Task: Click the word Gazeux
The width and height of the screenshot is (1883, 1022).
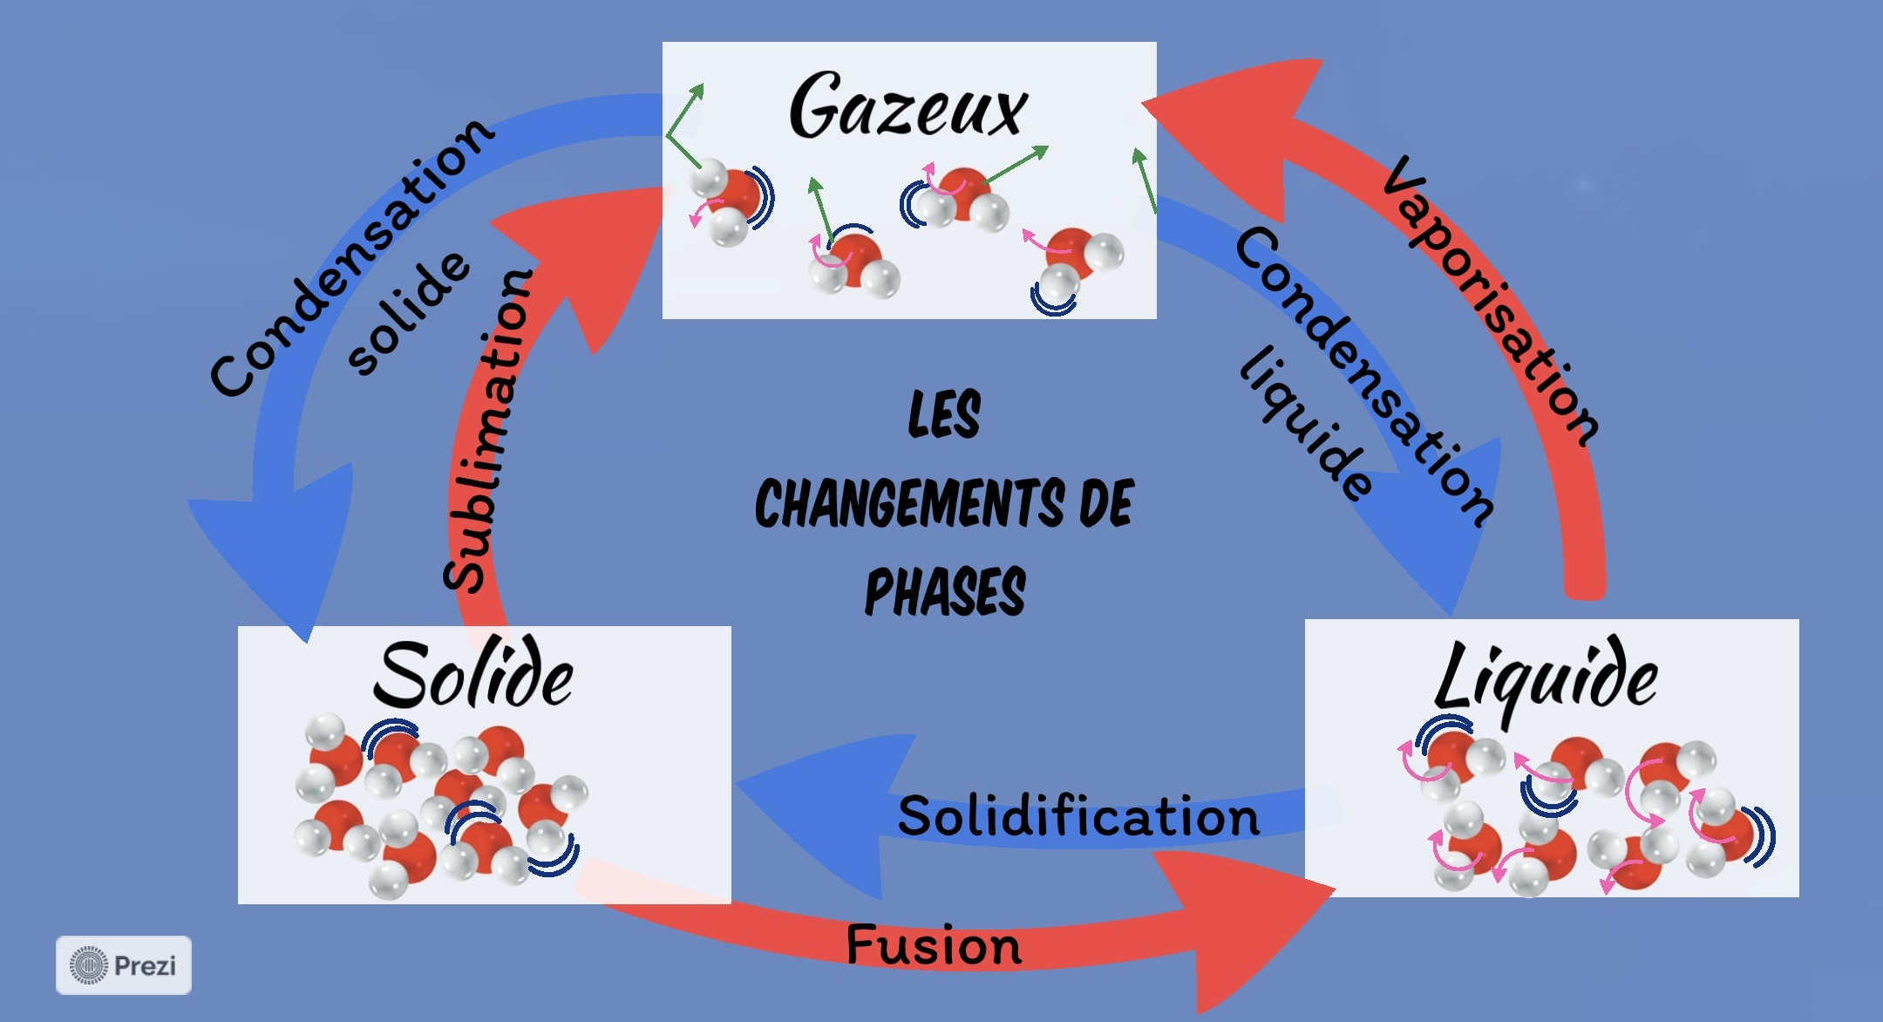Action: tap(908, 107)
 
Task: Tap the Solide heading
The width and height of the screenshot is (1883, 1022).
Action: tap(473, 677)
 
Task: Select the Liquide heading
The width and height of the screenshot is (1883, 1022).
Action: tap(1546, 680)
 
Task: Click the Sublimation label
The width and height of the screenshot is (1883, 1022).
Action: tap(488, 432)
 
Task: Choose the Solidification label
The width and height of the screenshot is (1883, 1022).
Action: tap(1078, 817)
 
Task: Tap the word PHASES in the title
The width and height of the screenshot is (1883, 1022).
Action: tap(944, 592)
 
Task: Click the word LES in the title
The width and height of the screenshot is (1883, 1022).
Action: tap(944, 414)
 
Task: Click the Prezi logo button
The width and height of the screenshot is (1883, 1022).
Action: tap(124, 965)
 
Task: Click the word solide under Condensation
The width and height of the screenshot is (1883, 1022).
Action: tap(409, 313)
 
